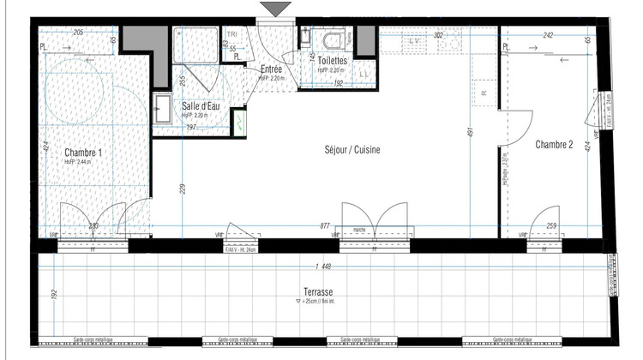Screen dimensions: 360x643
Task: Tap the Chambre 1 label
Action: [x=83, y=153]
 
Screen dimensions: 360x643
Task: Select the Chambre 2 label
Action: [x=554, y=145]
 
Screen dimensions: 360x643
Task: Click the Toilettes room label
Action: [x=332, y=62]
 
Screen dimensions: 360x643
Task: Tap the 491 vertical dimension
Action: [x=470, y=133]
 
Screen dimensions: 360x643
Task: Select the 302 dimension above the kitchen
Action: [x=438, y=36]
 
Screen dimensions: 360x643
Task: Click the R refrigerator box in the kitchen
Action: [x=484, y=92]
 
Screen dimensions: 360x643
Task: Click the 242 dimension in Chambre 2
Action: [x=548, y=36]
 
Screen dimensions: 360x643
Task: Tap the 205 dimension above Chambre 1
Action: [x=78, y=33]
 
